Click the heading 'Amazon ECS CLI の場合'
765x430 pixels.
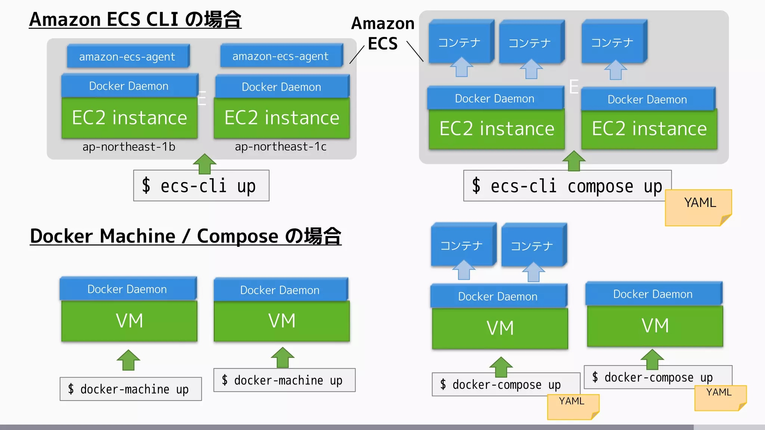pyautogui.click(x=135, y=19)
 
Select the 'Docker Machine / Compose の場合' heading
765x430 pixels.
pyautogui.click(x=186, y=236)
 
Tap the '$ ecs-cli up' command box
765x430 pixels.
pyautogui.click(x=201, y=186)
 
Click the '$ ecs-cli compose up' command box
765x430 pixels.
pyautogui.click(x=567, y=186)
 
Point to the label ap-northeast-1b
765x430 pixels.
pyautogui.click(x=129, y=147)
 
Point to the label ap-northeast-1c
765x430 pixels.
pyautogui.click(x=281, y=147)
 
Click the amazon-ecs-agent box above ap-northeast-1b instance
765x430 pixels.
pyautogui.click(x=128, y=56)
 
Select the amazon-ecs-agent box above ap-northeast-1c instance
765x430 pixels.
pyautogui.click(x=281, y=56)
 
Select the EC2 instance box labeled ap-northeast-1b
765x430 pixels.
pyautogui.click(x=129, y=118)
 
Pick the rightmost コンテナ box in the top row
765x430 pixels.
pyautogui.click(x=613, y=42)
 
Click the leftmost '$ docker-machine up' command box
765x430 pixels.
pyautogui.click(x=130, y=389)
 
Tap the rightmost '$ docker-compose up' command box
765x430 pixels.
pyautogui.click(x=657, y=377)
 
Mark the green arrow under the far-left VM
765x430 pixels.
pyautogui.click(x=128, y=360)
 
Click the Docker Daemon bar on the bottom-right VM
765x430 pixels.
pyautogui.click(x=653, y=294)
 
